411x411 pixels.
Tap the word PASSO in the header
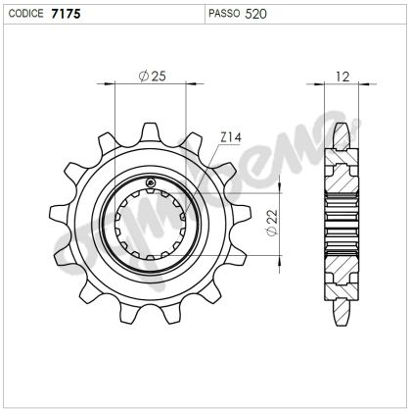225,14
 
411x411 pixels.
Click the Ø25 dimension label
151,76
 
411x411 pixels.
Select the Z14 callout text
231,138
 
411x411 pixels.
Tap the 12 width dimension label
342,76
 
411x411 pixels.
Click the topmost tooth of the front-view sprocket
151,131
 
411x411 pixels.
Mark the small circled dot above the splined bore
150,183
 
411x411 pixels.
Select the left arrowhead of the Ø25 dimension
119,85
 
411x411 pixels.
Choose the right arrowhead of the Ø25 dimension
182,85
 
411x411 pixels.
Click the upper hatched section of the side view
341,177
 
